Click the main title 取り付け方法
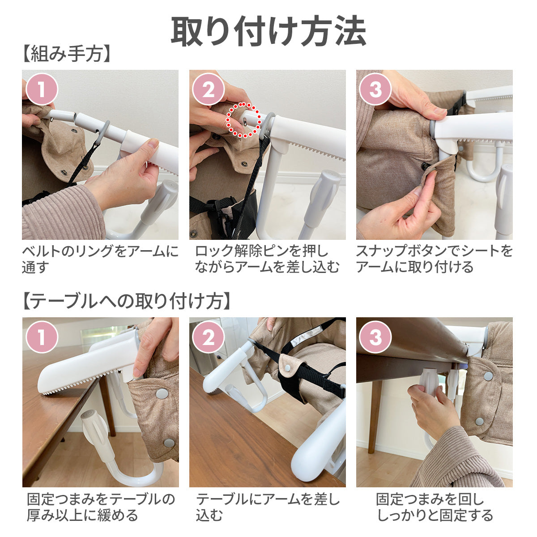tap(268, 31)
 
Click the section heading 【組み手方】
tap(67, 54)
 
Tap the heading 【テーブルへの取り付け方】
tap(127, 301)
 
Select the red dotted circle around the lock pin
tap(243, 120)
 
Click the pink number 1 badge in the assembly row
tap(42, 89)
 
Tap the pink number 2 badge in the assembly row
tap(209, 89)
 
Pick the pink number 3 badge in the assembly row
tap(375, 89)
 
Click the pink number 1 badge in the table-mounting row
tap(42, 337)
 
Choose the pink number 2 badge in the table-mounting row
tap(209, 337)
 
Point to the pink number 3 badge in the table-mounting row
tap(375, 337)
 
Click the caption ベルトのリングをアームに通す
tap(100, 259)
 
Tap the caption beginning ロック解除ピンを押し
tap(267, 259)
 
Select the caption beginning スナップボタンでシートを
tap(434, 259)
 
